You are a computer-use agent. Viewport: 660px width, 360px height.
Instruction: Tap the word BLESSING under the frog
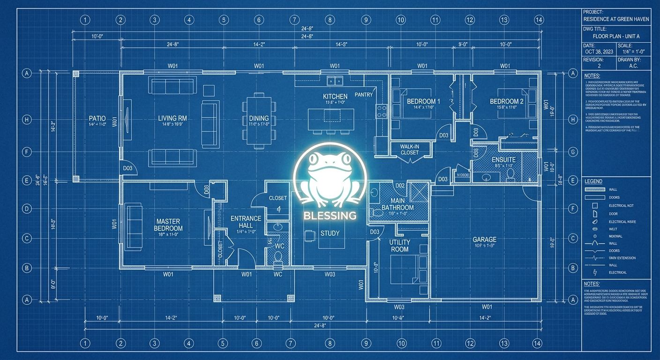(330, 216)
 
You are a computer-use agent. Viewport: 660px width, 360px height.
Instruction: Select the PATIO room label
(97, 119)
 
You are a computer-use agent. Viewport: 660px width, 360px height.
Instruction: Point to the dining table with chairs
(258, 120)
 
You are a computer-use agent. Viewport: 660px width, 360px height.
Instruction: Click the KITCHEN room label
(335, 96)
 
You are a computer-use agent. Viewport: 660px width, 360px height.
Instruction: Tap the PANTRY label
(364, 95)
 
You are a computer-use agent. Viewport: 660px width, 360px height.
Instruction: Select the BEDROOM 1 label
(423, 101)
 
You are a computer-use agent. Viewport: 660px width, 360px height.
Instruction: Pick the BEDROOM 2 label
(506, 101)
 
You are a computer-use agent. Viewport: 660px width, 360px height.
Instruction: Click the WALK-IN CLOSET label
(409, 150)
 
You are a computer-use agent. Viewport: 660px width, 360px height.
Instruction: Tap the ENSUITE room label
(503, 159)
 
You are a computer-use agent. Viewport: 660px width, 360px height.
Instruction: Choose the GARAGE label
(484, 240)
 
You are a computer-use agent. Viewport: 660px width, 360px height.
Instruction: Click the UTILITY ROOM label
(399, 246)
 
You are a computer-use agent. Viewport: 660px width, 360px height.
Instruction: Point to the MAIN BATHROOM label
(397, 204)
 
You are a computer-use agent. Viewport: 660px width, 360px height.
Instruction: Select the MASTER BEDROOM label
(168, 225)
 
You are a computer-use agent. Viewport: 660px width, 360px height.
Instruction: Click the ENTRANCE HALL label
(246, 222)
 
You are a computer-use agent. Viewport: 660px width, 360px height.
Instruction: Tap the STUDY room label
(330, 233)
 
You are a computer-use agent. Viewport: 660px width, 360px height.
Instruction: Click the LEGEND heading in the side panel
(593, 181)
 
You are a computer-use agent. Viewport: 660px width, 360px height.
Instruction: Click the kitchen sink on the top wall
(335, 81)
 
